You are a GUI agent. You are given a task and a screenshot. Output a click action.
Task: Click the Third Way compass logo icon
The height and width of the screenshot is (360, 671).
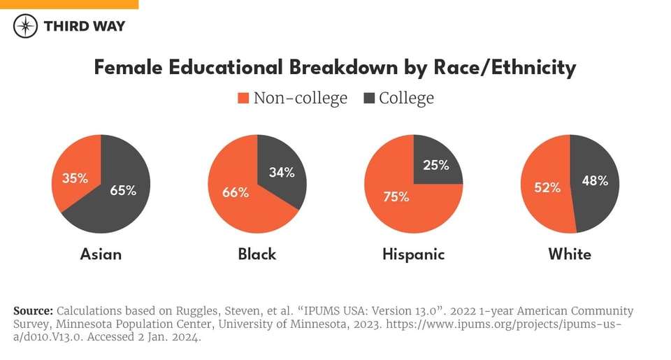(x=26, y=26)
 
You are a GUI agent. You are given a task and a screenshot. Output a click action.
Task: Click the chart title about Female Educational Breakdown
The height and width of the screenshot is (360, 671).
(x=335, y=67)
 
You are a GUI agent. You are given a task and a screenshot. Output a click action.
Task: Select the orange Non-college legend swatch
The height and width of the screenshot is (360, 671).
(x=243, y=99)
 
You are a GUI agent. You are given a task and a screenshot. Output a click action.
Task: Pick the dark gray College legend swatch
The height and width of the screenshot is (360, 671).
(x=369, y=99)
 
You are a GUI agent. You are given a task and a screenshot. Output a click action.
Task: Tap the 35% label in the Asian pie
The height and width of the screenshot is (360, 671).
(x=75, y=178)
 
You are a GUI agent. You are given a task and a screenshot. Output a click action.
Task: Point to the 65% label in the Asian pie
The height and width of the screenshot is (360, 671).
(x=123, y=190)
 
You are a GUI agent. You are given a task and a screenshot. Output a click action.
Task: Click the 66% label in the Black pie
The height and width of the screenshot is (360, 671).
(x=236, y=192)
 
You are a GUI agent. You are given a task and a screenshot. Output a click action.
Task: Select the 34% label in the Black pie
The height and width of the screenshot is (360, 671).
(x=282, y=172)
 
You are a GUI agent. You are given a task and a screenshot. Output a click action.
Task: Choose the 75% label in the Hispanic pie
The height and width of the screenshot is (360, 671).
(x=396, y=197)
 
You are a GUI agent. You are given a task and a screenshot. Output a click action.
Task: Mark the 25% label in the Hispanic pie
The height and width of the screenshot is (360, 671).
(x=436, y=166)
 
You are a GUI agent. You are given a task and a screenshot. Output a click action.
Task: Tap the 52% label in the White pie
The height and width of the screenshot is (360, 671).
(x=548, y=187)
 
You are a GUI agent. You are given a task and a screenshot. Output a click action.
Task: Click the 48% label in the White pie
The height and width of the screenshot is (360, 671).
(x=595, y=180)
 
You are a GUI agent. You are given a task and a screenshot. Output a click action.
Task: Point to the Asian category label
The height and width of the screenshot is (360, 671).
(x=101, y=254)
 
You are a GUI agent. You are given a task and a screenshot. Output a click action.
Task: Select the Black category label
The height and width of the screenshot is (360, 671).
(x=257, y=254)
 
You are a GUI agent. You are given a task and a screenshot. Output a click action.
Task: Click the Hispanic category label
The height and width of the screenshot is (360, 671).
(x=414, y=254)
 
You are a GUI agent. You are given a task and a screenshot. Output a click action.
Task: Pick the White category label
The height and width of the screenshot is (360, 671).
(x=570, y=254)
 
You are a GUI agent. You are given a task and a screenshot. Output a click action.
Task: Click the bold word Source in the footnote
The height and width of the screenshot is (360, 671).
(x=33, y=310)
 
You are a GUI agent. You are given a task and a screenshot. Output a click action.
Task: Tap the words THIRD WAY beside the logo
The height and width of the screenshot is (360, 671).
(x=85, y=26)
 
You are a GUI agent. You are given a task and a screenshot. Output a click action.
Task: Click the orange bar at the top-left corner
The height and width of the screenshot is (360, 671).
(x=69, y=4)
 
